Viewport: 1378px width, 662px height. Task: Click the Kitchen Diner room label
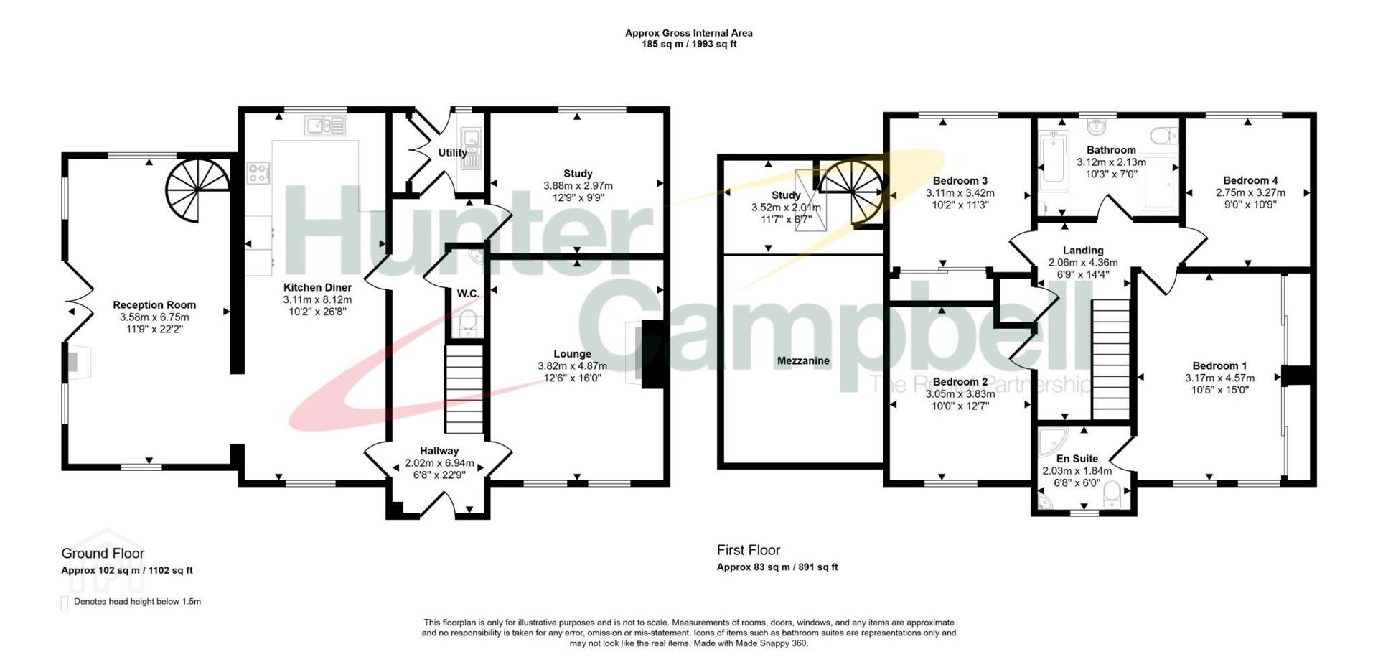coord(317,287)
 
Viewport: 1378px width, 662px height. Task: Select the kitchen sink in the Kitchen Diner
coord(325,126)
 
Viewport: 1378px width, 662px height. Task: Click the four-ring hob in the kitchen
coord(259,172)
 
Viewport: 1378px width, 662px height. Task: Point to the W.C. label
coord(468,293)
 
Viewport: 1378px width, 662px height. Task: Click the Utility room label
coord(452,152)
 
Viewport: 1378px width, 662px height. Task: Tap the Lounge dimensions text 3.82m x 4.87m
coord(572,365)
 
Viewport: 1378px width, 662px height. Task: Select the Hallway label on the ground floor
coord(439,451)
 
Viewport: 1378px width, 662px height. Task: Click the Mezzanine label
coord(803,360)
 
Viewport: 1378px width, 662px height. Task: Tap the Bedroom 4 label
coord(1250,180)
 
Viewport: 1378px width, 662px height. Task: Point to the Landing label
coord(1083,251)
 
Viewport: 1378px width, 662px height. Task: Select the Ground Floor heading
coord(103,554)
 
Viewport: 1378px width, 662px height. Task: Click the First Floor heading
coord(749,550)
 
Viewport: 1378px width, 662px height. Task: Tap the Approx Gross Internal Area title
coord(689,33)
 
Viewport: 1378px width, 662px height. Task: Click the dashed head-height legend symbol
coord(65,602)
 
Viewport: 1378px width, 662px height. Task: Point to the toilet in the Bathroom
coord(1163,136)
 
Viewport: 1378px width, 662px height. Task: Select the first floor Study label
coord(786,195)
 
